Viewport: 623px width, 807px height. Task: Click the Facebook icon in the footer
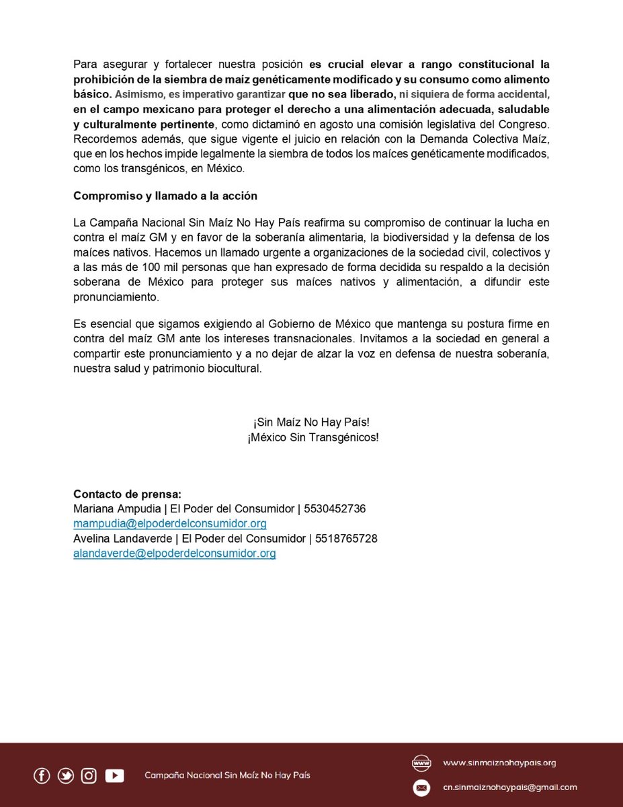42,775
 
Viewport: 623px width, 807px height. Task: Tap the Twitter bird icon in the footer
66,775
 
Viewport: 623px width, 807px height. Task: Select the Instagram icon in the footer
89,775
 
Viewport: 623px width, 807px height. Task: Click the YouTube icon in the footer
114,775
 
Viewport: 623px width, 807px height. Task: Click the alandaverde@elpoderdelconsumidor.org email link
174,553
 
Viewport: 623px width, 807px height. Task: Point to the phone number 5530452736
335,508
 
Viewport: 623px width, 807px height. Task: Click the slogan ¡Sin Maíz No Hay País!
312,422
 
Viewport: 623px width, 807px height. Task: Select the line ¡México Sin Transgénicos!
313,437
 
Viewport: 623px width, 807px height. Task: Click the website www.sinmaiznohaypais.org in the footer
499,763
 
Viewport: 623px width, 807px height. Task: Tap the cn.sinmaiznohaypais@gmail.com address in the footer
509,787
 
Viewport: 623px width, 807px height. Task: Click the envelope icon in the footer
421,787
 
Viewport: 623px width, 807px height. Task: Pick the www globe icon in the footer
421,763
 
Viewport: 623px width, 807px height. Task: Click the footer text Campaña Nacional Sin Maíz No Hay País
227,775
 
